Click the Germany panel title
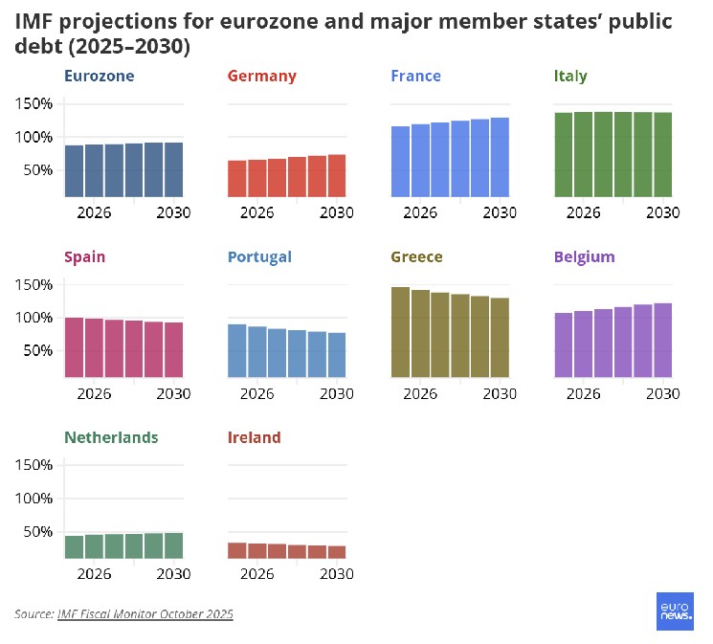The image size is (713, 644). tap(261, 77)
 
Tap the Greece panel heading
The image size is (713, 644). tap(416, 257)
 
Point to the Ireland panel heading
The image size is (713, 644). tap(254, 438)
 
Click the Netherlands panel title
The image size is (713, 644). tap(111, 438)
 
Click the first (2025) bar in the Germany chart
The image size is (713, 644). tap(236, 179)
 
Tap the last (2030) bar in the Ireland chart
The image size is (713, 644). tap(336, 552)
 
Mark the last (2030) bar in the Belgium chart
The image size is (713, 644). tap(662, 340)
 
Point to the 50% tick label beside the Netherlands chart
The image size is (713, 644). tap(37, 531)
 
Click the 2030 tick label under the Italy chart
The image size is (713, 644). tap(662, 212)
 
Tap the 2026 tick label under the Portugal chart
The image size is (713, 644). tap(256, 393)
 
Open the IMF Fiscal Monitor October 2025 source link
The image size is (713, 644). tap(145, 613)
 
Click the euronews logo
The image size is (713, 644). tap(675, 611)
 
